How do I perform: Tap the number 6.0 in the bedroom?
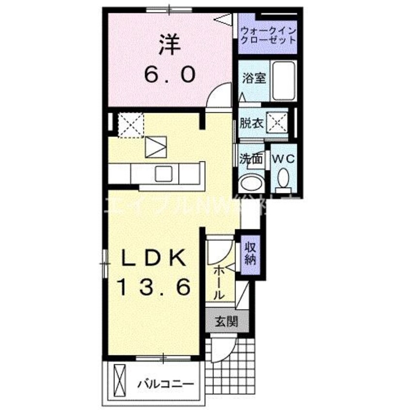169,74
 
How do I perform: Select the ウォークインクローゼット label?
268,35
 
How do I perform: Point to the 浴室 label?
253,78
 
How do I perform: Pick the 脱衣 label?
252,123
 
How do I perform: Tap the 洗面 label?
251,158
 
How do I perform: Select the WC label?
283,158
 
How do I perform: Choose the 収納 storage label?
250,252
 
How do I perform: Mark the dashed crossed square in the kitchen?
131,124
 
